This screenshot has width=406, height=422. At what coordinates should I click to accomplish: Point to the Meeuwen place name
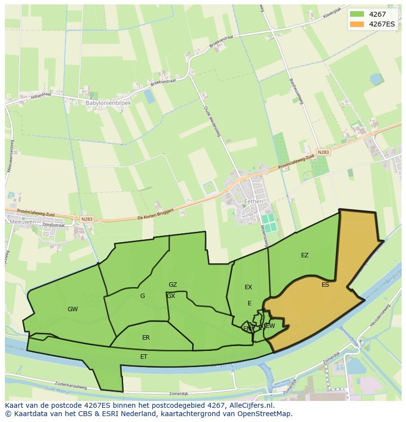pyautogui.click(x=20, y=222)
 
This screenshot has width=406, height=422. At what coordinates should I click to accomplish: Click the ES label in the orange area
pyautogui.click(x=325, y=285)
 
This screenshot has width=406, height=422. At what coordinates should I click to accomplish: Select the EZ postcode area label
pyautogui.click(x=304, y=255)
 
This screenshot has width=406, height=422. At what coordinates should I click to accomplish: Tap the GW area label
pyautogui.click(x=73, y=309)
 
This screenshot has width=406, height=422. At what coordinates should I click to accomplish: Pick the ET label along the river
pyautogui.click(x=144, y=357)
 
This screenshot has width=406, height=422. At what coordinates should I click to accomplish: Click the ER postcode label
pyautogui.click(x=146, y=338)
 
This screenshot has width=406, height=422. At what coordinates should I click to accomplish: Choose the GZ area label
pyautogui.click(x=173, y=285)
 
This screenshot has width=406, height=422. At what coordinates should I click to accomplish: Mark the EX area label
pyautogui.click(x=248, y=287)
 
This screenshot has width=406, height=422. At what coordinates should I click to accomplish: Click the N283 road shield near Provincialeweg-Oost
pyautogui.click(x=323, y=152)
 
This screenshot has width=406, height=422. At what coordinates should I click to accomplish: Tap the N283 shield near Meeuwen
pyautogui.click(x=86, y=219)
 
